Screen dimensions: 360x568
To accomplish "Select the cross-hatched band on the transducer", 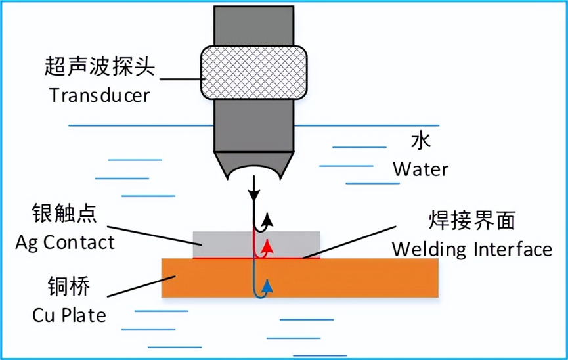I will pos(253,72).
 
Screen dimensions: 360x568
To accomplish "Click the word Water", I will pos(420,169).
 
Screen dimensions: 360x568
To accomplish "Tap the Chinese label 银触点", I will pos(64,214).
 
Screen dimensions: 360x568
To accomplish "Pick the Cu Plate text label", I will pos(69,315).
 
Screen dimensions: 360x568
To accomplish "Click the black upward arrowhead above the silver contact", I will pos(267,219).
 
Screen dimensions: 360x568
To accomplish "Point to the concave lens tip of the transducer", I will pos(253,171).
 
